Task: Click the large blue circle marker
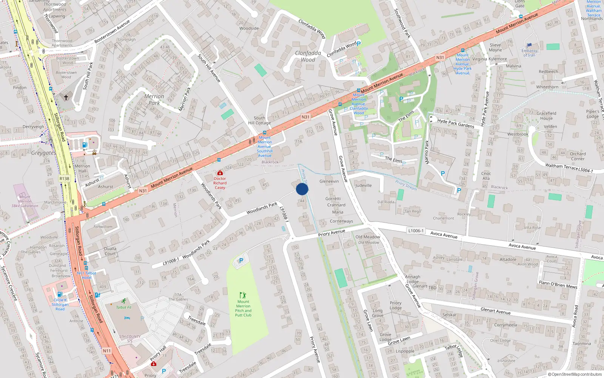tap(302, 189)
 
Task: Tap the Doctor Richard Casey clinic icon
tap(220, 173)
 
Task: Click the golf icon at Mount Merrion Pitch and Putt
tap(243, 295)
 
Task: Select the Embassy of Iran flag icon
tap(529, 45)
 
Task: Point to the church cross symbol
tap(66, 98)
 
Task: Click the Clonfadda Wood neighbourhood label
tap(308, 56)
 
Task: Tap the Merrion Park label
tap(154, 99)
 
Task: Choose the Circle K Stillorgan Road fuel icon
tap(60, 294)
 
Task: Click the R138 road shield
tap(65, 178)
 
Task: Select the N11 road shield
tap(107, 351)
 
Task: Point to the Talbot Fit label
tap(124, 307)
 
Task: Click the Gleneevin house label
tap(329, 181)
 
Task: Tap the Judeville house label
tap(364, 185)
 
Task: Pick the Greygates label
tap(43, 153)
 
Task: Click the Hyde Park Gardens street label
tap(456, 123)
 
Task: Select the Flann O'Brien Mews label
tap(558, 284)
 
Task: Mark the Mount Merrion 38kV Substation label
tap(25, 201)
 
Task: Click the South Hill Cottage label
tap(259, 120)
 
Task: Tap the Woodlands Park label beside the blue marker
tap(262, 208)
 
